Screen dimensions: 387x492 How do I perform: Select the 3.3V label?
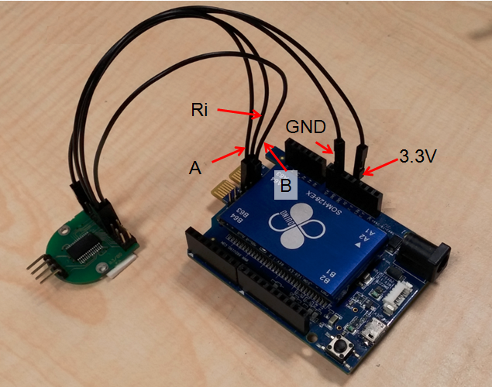coord(418,156)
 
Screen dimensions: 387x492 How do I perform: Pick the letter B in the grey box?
coord(285,185)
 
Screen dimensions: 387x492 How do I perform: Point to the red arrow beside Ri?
coord(238,113)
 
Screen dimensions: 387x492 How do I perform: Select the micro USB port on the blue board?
coord(376,332)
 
